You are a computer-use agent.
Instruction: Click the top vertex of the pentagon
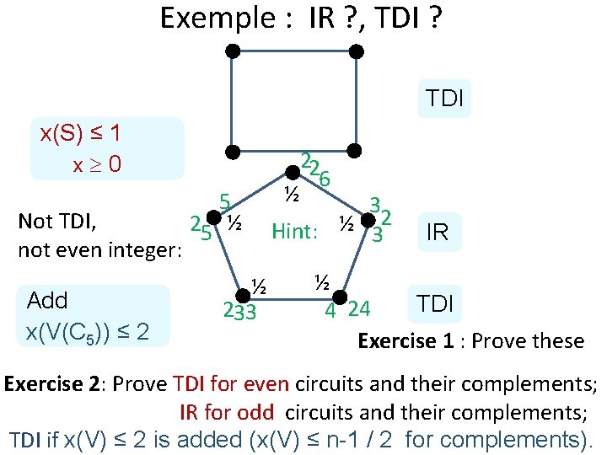coord(292,173)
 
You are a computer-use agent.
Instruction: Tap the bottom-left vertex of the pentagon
coord(243,296)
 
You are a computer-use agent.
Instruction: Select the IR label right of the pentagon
coord(438,233)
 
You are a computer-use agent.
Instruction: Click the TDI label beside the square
coord(444,99)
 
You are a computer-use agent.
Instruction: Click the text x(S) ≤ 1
coord(80,133)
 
